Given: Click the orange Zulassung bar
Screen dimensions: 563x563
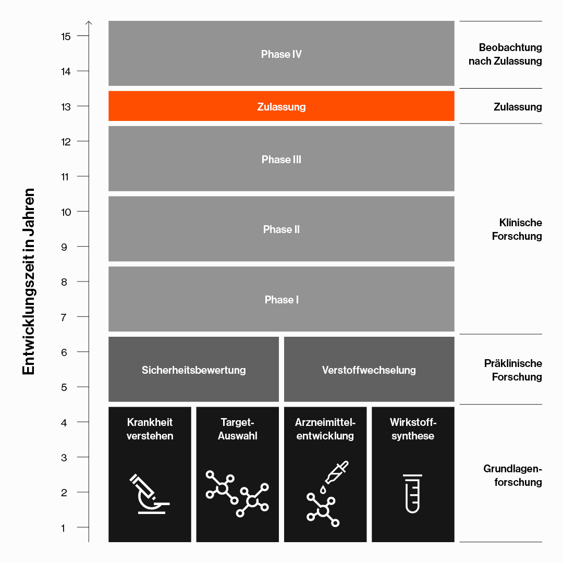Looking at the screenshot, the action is [x=281, y=106].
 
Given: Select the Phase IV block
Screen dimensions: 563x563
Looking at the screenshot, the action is [x=281, y=54].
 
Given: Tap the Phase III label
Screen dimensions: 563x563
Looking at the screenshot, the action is [x=281, y=160].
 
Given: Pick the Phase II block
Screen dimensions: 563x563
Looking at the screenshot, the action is [x=281, y=229].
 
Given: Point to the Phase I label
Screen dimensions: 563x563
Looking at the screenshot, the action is [x=281, y=299].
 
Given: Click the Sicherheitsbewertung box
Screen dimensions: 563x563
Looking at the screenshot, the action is [x=193, y=369].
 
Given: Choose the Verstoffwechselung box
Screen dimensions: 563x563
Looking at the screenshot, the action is [x=369, y=369].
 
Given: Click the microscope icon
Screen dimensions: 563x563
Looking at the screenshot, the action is [x=149, y=494].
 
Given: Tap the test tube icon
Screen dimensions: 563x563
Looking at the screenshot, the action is [x=412, y=494].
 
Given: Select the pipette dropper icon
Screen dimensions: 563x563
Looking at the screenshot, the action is [x=336, y=472].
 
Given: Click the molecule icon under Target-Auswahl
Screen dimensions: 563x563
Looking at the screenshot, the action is [x=237, y=493].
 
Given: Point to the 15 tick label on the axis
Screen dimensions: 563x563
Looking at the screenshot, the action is [x=66, y=36].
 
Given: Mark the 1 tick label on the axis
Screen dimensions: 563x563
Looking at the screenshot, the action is [x=63, y=528].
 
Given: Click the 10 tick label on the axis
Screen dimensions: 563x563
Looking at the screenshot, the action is [x=66, y=212].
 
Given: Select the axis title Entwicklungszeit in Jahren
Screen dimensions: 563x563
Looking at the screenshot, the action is [x=28, y=281].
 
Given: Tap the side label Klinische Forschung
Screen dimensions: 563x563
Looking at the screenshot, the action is [x=517, y=229].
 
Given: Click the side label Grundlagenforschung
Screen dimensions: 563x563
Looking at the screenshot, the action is [x=512, y=475].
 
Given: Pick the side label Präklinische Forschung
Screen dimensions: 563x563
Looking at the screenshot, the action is [x=513, y=370].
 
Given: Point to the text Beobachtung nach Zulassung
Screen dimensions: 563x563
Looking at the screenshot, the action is [x=505, y=54].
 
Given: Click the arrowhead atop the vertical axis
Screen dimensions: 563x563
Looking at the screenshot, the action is [x=89, y=23].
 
